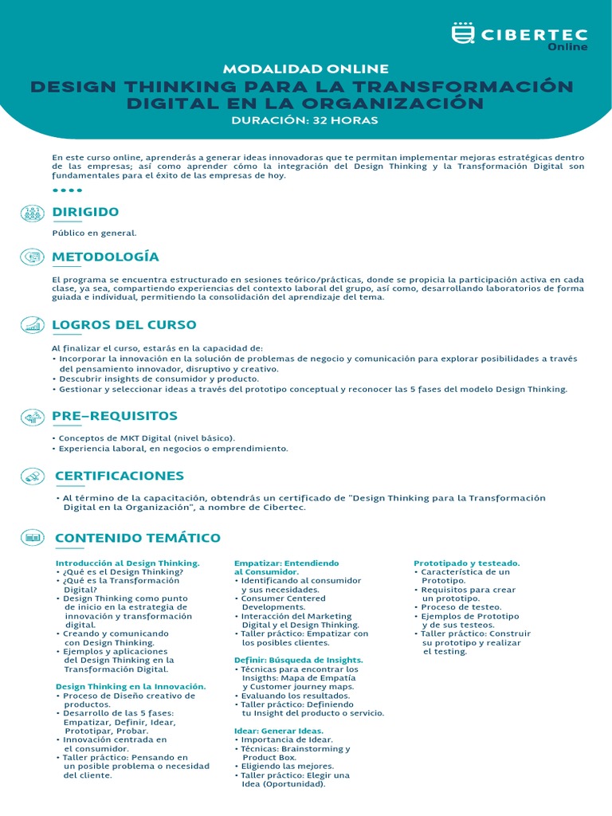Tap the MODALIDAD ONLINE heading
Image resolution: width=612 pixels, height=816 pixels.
(x=306, y=69)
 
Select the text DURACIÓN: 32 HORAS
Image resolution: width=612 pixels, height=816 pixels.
(x=304, y=120)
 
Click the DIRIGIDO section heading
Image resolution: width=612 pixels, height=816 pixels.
(x=85, y=212)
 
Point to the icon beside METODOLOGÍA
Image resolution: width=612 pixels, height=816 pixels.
(x=33, y=257)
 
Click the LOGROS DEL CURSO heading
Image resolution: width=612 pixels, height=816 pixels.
(x=124, y=325)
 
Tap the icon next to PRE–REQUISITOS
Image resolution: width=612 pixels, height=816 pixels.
(x=33, y=416)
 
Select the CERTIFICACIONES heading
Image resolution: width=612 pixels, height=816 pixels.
(x=120, y=476)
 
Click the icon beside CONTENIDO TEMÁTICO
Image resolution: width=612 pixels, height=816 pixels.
(x=33, y=538)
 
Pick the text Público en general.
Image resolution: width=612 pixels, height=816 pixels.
(x=95, y=233)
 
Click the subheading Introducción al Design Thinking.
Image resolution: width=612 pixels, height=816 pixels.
(x=127, y=563)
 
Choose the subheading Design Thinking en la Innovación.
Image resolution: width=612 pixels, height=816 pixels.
(x=131, y=686)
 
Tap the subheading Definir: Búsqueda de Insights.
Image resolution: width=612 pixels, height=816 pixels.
(x=298, y=660)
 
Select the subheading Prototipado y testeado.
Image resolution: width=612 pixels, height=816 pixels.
(x=467, y=563)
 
